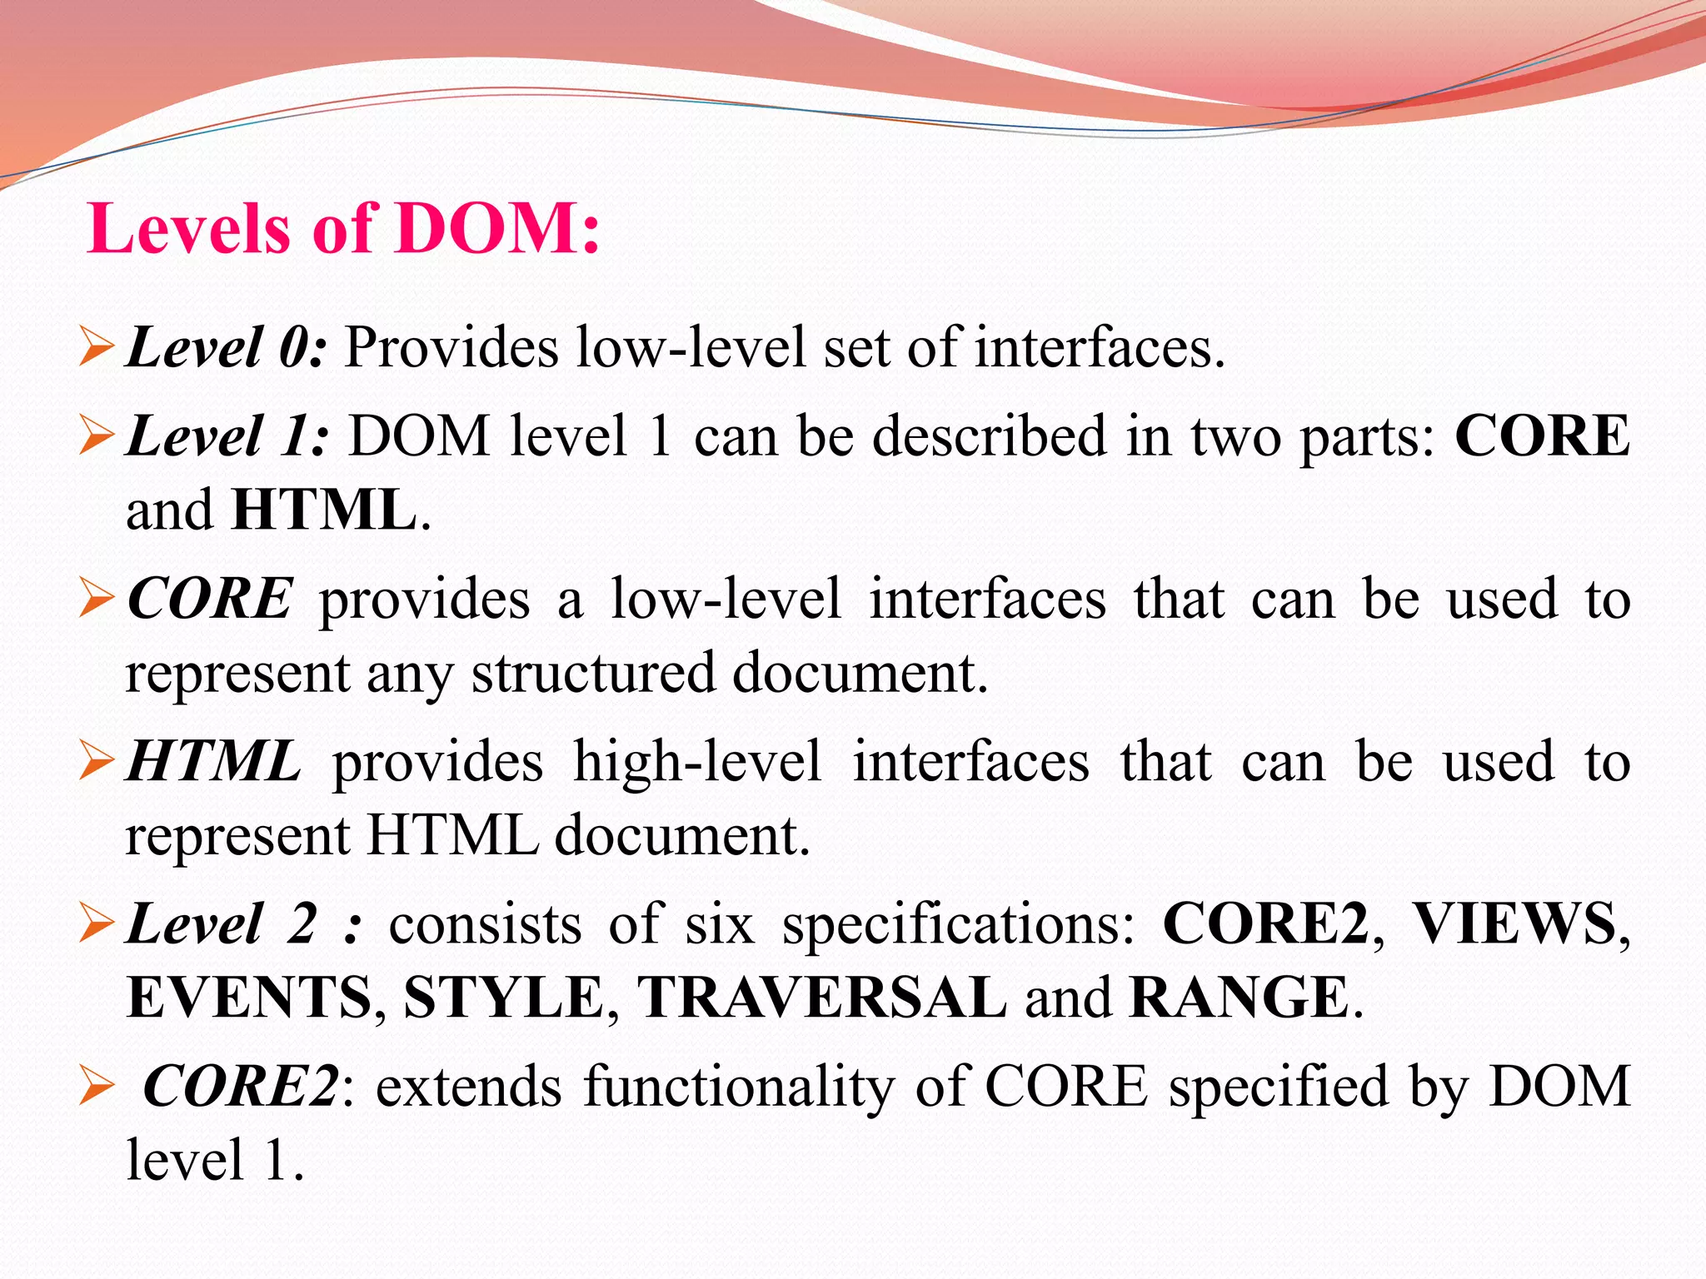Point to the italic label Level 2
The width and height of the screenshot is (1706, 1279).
(x=222, y=923)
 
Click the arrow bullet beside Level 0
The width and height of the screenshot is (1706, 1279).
(x=96, y=347)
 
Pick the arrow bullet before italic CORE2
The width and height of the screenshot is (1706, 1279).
(x=96, y=1087)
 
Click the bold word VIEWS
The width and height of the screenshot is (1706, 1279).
(x=1514, y=923)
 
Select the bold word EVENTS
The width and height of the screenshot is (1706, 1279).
(x=249, y=997)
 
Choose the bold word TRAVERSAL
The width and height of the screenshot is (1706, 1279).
(x=821, y=997)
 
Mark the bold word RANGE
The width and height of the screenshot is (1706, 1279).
(x=1240, y=997)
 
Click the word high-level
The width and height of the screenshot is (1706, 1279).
(x=697, y=762)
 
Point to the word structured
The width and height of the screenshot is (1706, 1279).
(x=593, y=673)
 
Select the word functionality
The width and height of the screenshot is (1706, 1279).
(x=738, y=1087)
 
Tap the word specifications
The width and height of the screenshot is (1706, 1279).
(x=958, y=925)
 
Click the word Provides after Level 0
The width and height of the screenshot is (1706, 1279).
(x=451, y=347)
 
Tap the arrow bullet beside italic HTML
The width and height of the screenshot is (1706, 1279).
(x=96, y=762)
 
